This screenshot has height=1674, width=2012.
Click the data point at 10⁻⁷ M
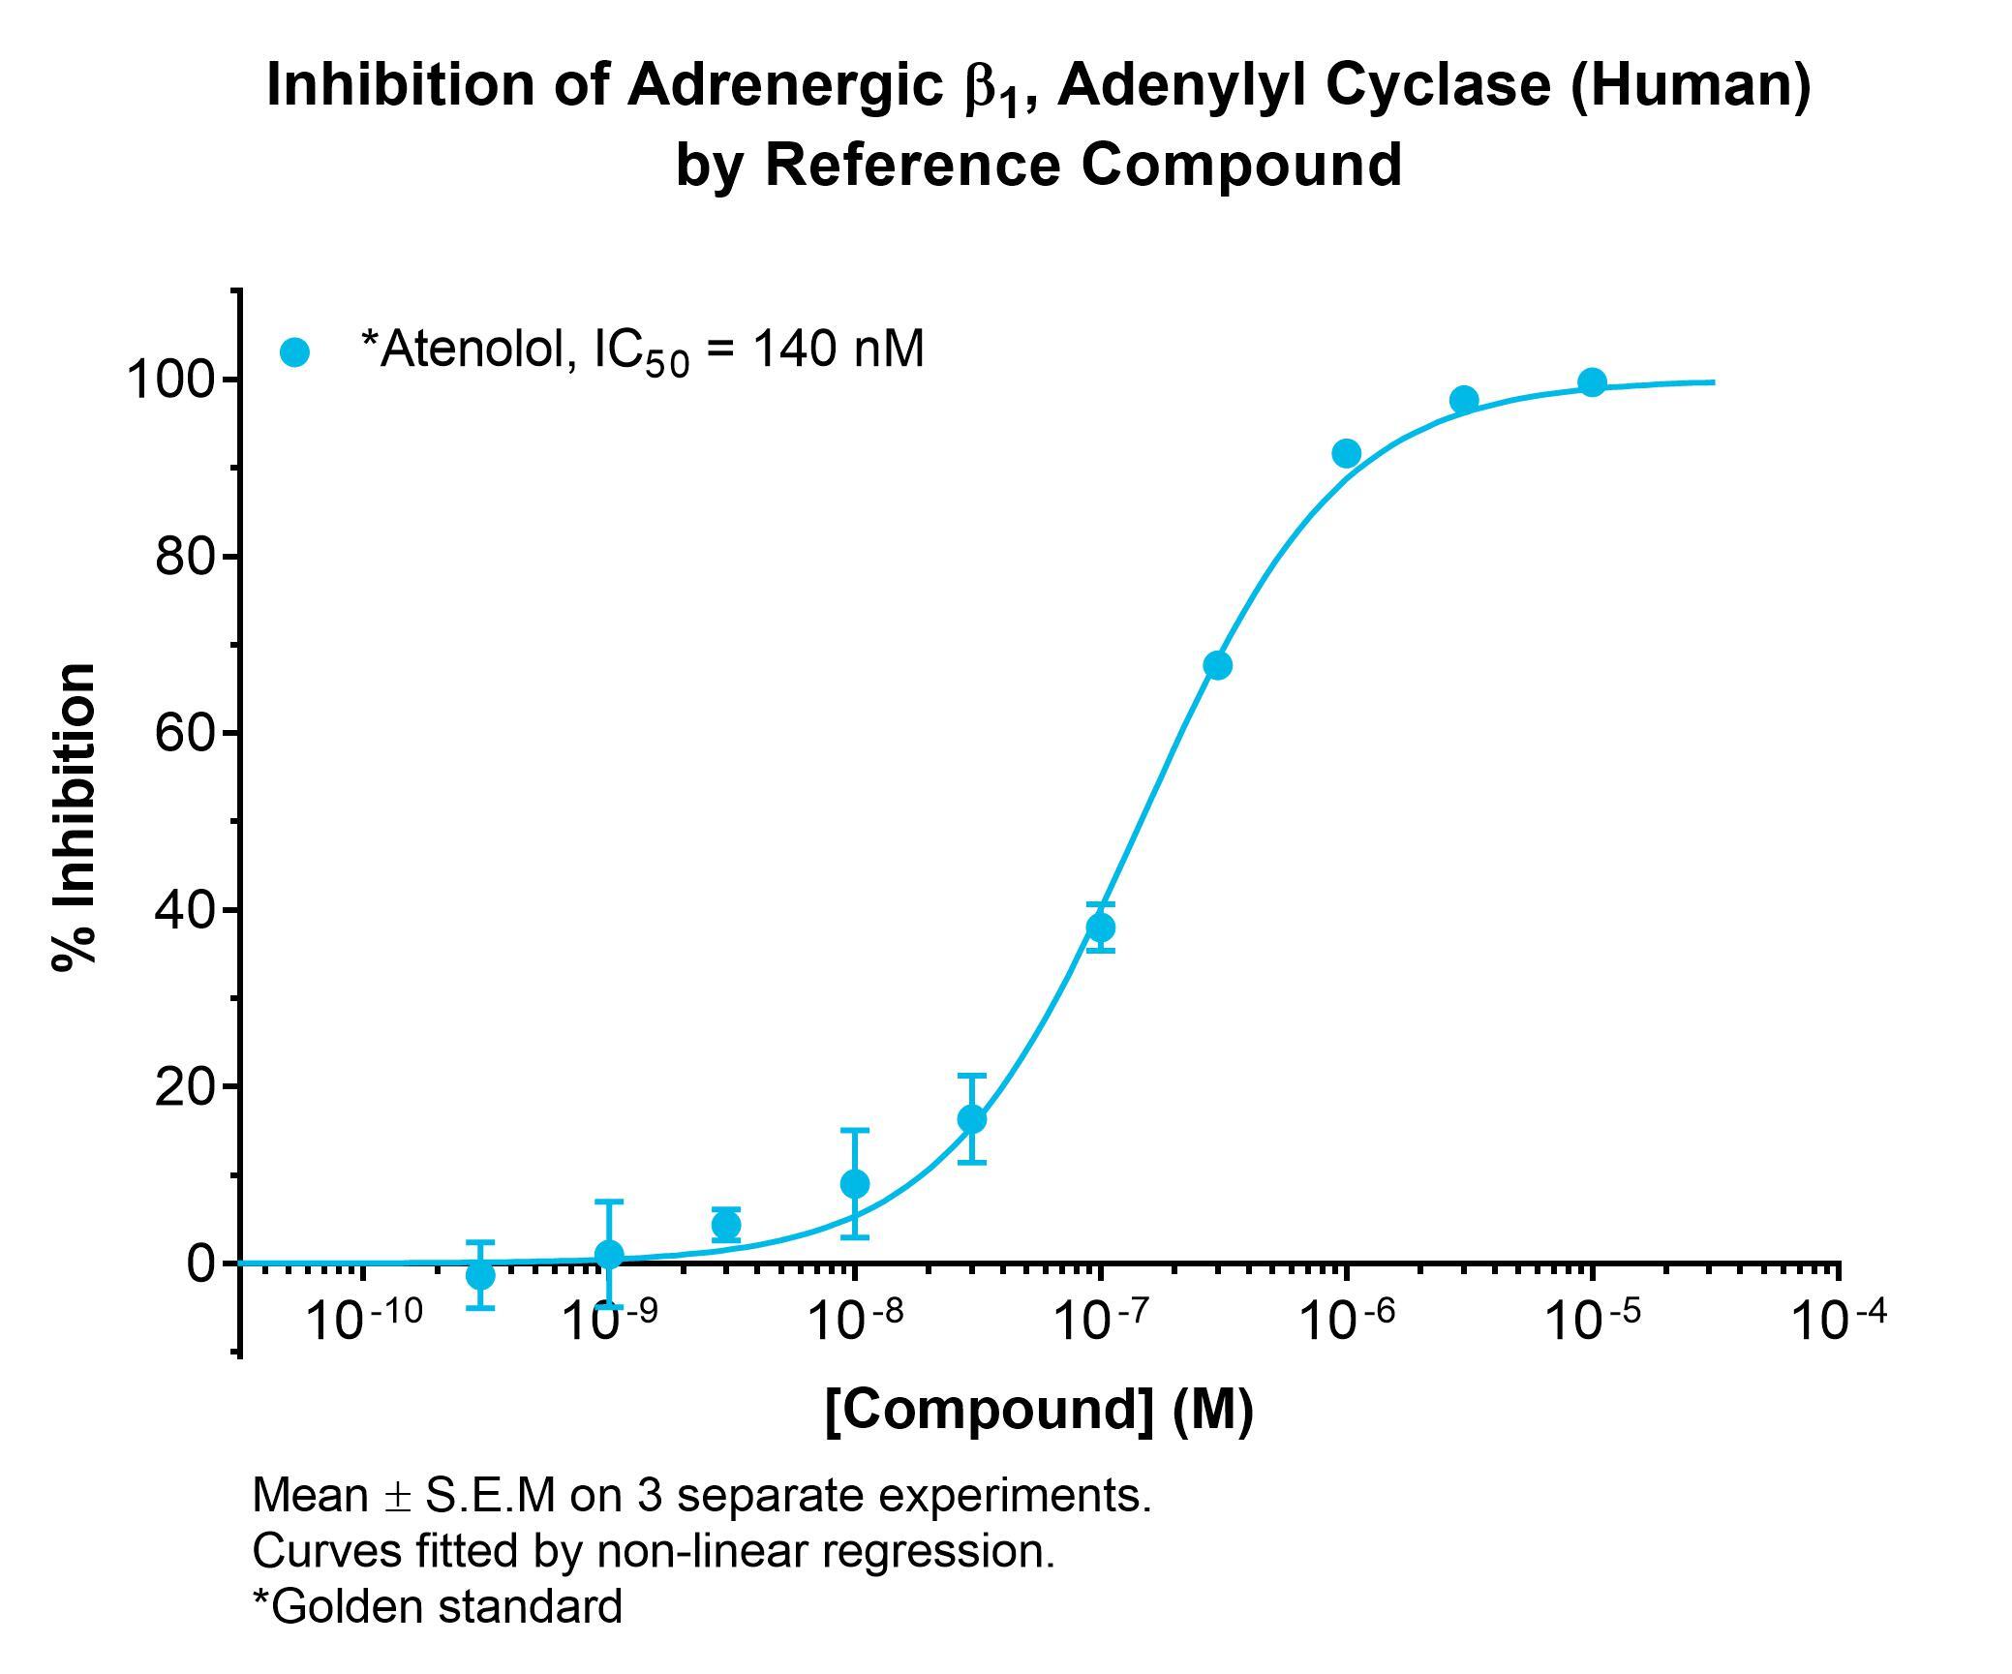coord(1100,928)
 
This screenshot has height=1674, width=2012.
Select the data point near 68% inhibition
coord(1218,665)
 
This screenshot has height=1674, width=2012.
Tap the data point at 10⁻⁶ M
coord(1347,453)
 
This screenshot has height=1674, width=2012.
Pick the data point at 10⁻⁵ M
coord(1592,382)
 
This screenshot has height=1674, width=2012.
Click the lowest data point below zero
coord(480,1275)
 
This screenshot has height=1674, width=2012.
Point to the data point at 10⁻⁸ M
coord(855,1183)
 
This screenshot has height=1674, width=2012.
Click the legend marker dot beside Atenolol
coord(294,351)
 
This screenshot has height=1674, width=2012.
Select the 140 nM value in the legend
coord(838,349)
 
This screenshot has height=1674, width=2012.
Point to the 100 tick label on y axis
coord(169,380)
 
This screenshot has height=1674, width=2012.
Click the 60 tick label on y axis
coord(184,733)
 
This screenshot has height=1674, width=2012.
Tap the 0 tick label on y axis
coord(200,1263)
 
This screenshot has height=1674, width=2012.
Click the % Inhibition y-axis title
coord(76,816)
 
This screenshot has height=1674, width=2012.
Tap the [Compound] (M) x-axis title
coord(1039,1410)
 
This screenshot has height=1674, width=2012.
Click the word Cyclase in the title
coord(1440,85)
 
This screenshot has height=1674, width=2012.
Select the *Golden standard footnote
coord(437,1607)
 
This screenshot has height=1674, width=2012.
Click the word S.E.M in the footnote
coord(491,1496)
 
